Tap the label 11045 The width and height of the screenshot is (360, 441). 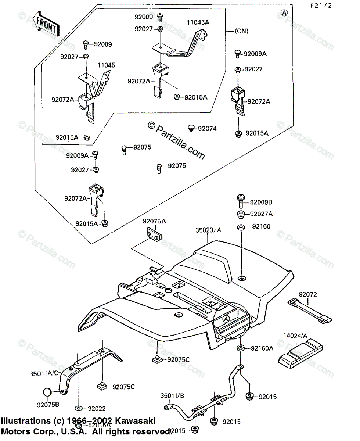[106, 65]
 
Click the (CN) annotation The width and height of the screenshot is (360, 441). [241, 31]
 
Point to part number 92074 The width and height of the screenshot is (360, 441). [207, 129]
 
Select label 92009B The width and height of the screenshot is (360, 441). [262, 202]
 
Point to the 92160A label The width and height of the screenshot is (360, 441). [262, 348]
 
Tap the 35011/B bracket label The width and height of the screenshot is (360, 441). [172, 395]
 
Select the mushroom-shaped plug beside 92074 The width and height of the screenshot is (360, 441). [191, 128]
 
